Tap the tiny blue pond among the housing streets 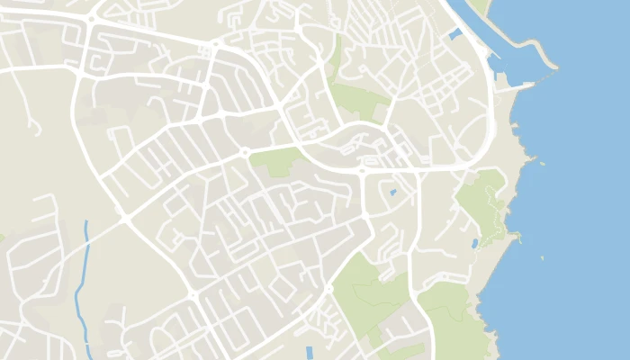pyautogui.click(x=392, y=192)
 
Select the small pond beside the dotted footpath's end pyautogui.click(x=474, y=243)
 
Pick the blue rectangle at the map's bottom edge pyautogui.click(x=310, y=352)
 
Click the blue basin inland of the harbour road pyautogui.click(x=455, y=34)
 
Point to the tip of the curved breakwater pyautogui.click(x=557, y=67)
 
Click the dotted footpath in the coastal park pyautogui.click(x=490, y=202)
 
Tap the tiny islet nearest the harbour pyautogui.click(x=543, y=163)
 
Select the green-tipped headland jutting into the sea pyautogui.click(x=514, y=237)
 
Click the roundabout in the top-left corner pyautogui.click(x=91, y=19)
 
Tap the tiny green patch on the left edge pyautogui.click(x=2, y=238)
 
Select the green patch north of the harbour pyautogui.click(x=478, y=4)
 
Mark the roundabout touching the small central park pyautogui.click(x=245, y=152)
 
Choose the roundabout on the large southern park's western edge pyautogui.click(x=329, y=288)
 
